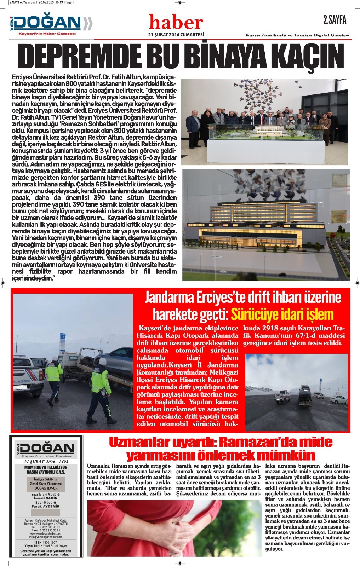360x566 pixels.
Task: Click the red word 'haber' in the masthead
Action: tap(176, 23)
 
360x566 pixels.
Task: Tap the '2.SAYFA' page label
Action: tap(334, 20)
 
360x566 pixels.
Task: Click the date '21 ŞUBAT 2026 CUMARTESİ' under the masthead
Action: tap(176, 34)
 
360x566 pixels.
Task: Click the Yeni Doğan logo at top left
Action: tap(50, 24)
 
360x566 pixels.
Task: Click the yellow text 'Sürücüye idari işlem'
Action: tap(282, 314)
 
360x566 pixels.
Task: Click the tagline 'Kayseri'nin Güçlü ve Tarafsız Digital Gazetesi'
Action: tap(298, 35)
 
